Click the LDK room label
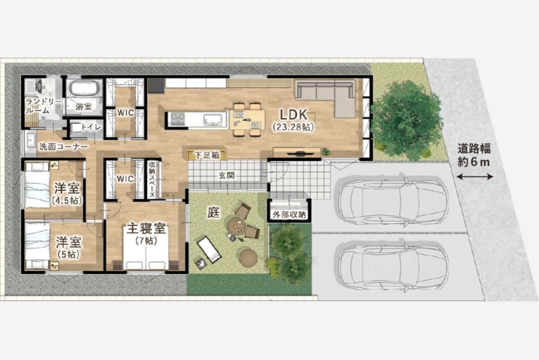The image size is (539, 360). (294, 114)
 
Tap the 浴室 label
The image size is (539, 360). (83, 106)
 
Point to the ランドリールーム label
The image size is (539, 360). (38, 106)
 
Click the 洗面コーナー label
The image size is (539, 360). (63, 146)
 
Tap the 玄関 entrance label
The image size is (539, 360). (226, 176)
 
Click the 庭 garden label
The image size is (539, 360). (213, 213)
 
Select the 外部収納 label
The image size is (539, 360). (289, 214)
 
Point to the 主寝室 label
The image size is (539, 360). (147, 228)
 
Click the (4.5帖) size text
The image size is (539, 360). (66, 200)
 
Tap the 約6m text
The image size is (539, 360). (478, 161)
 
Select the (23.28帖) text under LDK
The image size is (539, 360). (294, 127)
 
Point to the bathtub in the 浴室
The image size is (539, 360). (84, 90)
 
